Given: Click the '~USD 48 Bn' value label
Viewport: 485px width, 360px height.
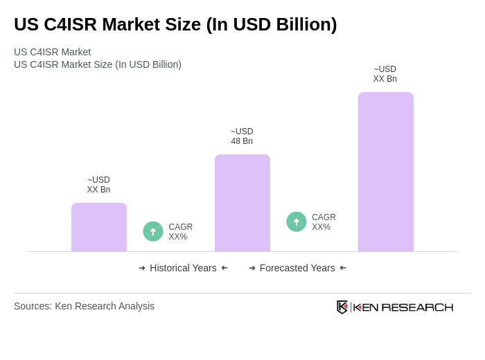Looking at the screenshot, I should click(x=242, y=136).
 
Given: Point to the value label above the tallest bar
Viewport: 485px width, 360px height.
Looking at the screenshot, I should click(x=385, y=74).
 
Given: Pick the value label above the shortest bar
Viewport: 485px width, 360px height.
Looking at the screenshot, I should click(x=98, y=185).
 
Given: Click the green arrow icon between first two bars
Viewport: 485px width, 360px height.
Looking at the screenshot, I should click(x=153, y=231).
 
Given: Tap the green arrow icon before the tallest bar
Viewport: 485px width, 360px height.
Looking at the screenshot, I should click(x=297, y=222).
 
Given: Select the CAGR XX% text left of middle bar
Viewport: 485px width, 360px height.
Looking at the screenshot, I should click(x=180, y=232).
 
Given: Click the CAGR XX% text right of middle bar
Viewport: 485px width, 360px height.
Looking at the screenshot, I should click(x=324, y=222).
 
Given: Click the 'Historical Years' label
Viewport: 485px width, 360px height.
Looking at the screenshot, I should click(x=183, y=268).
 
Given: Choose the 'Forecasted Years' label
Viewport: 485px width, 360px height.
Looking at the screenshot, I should click(x=297, y=268).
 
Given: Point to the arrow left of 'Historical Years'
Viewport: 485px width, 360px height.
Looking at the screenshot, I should click(x=142, y=268).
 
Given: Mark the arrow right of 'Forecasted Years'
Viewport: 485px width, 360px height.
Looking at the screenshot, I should click(x=343, y=268).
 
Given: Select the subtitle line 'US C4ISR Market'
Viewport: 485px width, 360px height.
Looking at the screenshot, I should click(x=52, y=52).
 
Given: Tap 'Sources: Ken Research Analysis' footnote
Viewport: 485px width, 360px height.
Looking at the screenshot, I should click(x=84, y=306).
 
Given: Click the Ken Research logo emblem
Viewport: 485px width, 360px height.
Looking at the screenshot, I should click(x=342, y=307).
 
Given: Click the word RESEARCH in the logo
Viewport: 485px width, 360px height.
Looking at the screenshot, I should click(x=417, y=307).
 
